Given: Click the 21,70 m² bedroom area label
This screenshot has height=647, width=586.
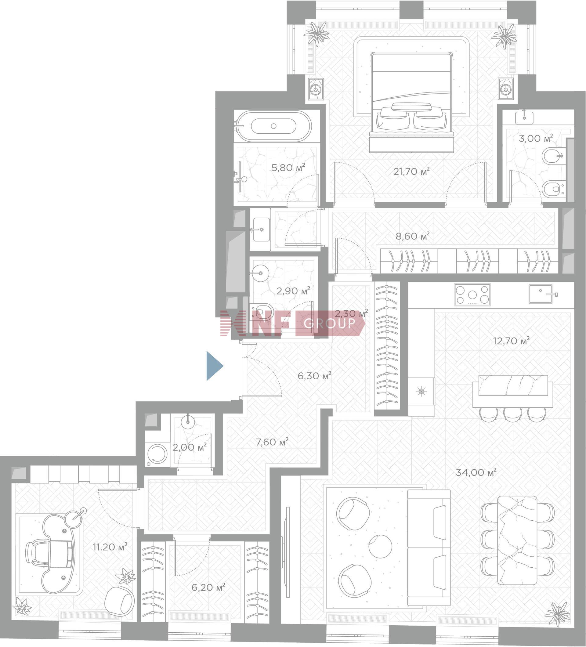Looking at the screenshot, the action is [411, 172].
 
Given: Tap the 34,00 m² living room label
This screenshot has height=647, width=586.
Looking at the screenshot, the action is [476, 472].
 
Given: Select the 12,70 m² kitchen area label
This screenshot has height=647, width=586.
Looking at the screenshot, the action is [511, 341].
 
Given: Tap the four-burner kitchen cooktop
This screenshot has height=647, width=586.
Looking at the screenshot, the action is [472, 294].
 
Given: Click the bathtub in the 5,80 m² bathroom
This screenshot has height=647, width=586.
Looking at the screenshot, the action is [273, 126].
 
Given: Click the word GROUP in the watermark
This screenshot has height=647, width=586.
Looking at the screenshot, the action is [329, 323].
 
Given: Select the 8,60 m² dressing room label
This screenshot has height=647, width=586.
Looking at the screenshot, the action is [412, 236].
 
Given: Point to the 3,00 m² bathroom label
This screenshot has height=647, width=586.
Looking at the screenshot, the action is [536, 138].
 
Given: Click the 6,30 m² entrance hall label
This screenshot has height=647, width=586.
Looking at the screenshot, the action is [314, 375].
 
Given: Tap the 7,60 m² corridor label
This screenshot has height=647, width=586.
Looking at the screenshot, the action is [272, 442].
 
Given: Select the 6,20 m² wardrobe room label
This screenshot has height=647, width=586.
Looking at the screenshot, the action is [208, 587].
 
